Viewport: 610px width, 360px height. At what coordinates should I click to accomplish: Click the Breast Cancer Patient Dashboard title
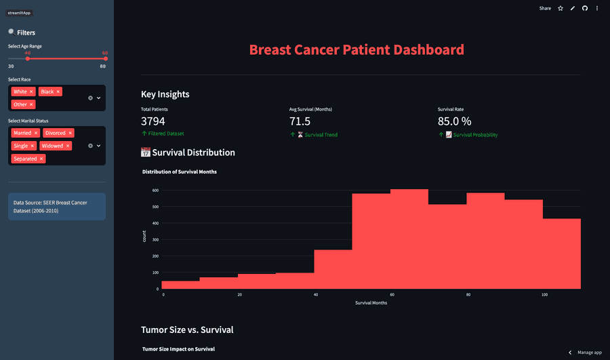point(357,49)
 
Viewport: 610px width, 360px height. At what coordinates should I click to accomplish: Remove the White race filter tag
point(31,92)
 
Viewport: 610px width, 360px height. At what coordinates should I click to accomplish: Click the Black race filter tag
point(47,92)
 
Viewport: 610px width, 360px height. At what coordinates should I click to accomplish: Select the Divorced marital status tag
point(56,133)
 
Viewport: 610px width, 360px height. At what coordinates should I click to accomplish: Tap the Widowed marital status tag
point(52,146)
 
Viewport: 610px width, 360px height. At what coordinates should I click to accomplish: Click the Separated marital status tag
point(25,159)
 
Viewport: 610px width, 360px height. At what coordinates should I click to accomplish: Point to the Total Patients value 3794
point(153,121)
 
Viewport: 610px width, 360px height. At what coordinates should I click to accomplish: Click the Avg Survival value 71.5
point(300,121)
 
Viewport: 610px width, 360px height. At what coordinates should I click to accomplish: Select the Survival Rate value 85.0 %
point(454,121)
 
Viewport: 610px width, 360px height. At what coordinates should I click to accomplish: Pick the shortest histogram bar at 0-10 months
point(180,285)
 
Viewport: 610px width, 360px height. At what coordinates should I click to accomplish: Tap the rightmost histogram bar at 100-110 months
point(561,254)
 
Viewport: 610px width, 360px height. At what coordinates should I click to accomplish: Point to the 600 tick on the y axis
point(155,191)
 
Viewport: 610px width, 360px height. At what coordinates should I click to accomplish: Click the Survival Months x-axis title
point(371,303)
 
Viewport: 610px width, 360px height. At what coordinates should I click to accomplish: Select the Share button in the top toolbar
point(545,8)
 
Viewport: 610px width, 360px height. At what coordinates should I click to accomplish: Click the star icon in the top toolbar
point(561,8)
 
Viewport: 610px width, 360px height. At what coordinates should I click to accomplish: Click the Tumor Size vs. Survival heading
point(187,329)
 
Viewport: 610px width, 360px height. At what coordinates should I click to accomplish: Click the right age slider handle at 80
point(105,59)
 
